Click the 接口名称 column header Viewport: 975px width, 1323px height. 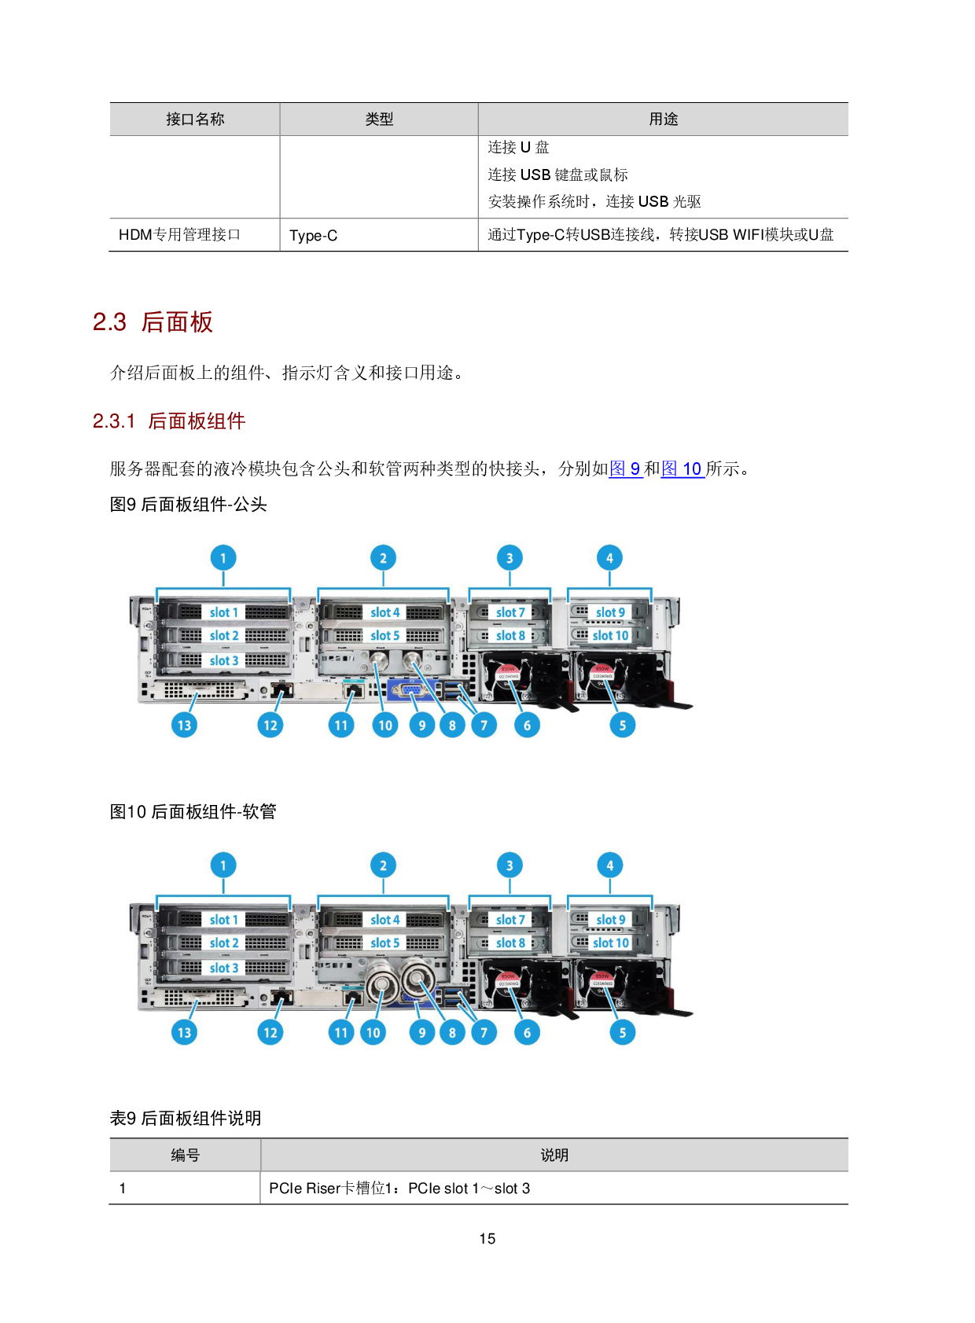pos(195,119)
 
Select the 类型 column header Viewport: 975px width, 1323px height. pos(379,119)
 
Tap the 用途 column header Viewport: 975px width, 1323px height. pos(663,119)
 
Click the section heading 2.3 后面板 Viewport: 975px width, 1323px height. pos(153,322)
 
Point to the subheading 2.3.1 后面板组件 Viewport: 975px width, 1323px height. pos(169,421)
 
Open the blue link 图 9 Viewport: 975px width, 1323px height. pos(625,469)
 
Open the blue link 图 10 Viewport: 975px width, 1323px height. pos(682,469)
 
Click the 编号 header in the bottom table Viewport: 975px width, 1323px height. pos(186,1155)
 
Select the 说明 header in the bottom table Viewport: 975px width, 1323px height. pos(554,1155)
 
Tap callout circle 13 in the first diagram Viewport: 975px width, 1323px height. pos(184,725)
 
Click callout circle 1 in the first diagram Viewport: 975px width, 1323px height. pos(223,558)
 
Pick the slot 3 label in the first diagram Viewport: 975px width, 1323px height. pos(223,660)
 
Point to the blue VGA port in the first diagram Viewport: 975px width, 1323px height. pos(410,690)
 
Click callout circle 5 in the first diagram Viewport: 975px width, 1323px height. pos(622,725)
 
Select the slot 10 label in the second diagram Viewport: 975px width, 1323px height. pos(611,943)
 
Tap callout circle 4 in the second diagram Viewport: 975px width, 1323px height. pos(609,865)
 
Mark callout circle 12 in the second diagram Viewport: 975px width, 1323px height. pos(270,1032)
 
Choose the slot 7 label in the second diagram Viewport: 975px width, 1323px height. pos(510,920)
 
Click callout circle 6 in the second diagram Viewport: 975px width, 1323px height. pos(527,1032)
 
